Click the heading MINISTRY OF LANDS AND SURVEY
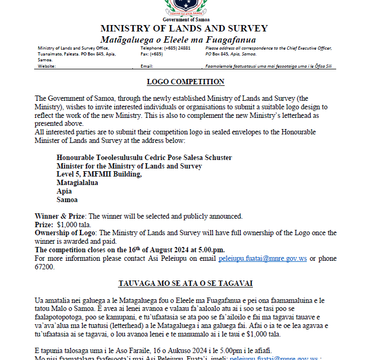coord(184,29)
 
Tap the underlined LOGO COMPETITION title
coord(186,82)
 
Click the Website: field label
coord(47,66)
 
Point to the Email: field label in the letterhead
coord(147,66)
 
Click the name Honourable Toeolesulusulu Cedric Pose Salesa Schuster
coord(144,157)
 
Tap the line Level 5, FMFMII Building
coord(99,174)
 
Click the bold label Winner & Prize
coord(60,216)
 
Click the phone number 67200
coord(45,267)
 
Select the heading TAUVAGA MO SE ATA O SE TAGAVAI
coord(185,283)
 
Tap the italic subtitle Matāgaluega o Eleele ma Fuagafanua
coord(178,40)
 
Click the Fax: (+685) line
coord(152,54)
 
